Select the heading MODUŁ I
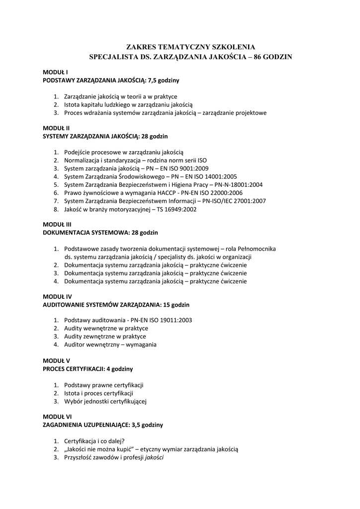(55, 72)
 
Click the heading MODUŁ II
(56, 128)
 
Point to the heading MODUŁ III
(57, 224)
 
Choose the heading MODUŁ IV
(57, 296)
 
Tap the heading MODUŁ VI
(57, 417)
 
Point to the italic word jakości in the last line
(154, 457)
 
